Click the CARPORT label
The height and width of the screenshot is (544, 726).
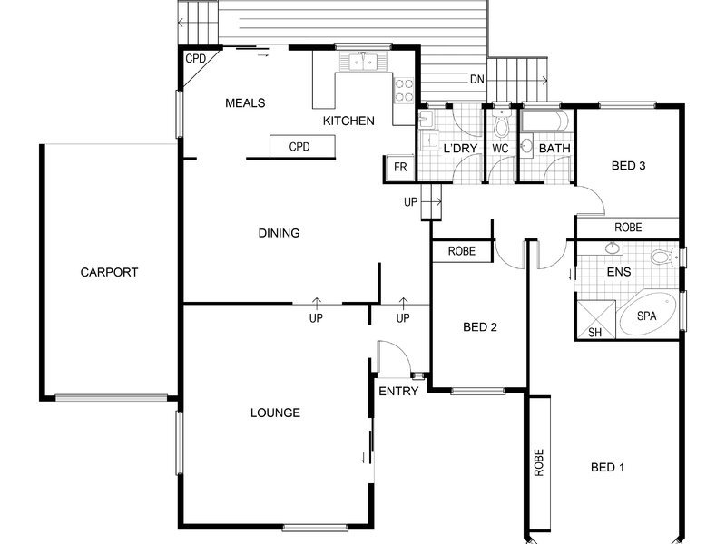[109, 272]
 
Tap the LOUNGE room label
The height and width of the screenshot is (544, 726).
[275, 413]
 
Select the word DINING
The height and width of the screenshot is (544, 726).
[279, 233]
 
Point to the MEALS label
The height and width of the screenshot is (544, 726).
[245, 102]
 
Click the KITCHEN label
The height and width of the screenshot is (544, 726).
[348, 121]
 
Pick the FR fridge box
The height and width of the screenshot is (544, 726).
[399, 167]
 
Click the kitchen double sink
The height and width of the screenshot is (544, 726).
[363, 62]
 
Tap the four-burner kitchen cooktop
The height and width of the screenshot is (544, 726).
[404, 90]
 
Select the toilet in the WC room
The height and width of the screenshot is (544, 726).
[501, 122]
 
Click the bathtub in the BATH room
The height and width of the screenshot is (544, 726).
[545, 121]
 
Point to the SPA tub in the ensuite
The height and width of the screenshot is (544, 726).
[646, 316]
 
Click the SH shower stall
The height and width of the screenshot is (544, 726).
[595, 320]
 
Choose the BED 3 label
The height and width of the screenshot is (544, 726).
[628, 166]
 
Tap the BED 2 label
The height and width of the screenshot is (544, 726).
[480, 327]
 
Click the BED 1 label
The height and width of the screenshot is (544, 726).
[607, 467]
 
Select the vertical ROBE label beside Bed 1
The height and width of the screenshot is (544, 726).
[539, 462]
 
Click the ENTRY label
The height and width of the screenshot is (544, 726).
[398, 392]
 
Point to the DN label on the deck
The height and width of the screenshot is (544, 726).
[477, 80]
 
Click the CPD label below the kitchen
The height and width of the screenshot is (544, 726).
[299, 147]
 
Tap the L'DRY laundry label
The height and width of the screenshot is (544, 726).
[460, 149]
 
